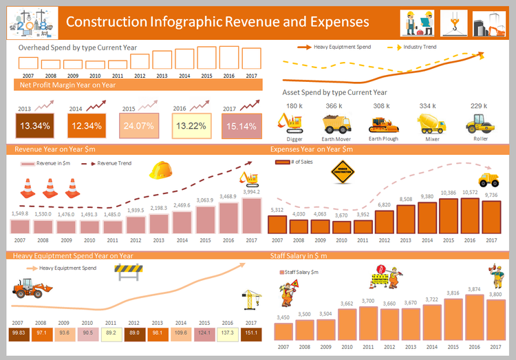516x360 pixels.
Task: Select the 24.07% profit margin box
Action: [136, 126]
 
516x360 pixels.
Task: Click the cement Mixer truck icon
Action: [431, 123]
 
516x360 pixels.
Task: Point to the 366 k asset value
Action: [334, 106]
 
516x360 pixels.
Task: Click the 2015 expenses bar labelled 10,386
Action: [449, 217]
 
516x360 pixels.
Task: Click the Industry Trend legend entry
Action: [420, 47]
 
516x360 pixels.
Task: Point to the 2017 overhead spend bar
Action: [251, 58]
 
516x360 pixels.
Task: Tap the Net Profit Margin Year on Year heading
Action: [67, 85]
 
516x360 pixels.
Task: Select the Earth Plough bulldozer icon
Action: [383, 123]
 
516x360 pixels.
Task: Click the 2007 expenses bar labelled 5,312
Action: [277, 225]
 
